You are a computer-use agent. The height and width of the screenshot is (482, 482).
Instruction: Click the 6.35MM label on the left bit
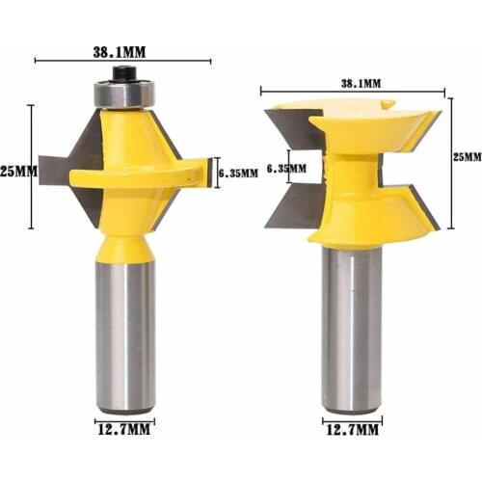pyautogui.click(x=239, y=173)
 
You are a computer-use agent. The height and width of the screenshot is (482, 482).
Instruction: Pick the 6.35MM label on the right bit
pyautogui.click(x=285, y=168)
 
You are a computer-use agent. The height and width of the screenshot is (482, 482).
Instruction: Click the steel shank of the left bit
pyautogui.click(x=124, y=328)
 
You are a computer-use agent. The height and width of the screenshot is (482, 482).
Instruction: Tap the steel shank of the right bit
pyautogui.click(x=351, y=328)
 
